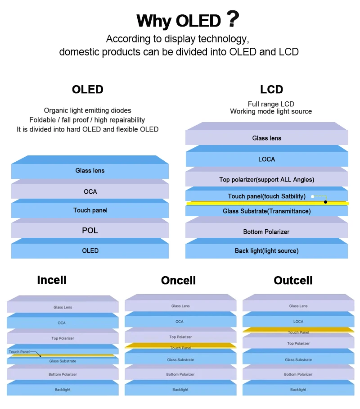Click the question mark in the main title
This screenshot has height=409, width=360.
[232, 19]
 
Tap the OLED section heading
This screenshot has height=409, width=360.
[88, 90]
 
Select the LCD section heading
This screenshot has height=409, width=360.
[271, 89]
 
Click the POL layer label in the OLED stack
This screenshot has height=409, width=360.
[90, 231]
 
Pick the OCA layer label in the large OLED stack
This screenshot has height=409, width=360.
[90, 191]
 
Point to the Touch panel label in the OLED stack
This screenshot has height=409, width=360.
[90, 210]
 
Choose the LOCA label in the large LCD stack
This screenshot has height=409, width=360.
[266, 159]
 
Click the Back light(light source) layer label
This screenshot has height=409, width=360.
[266, 250]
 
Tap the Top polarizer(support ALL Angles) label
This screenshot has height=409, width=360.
[266, 179]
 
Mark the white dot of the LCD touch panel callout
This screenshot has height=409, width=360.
[312, 196]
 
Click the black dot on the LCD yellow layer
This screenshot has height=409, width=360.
[326, 202]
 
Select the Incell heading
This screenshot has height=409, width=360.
[52, 280]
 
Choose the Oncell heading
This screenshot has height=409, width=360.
[178, 281]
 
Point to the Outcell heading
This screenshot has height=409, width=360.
[293, 281]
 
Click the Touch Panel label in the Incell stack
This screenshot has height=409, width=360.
[18, 352]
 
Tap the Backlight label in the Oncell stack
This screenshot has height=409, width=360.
[180, 390]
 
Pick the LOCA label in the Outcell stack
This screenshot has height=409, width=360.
[298, 322]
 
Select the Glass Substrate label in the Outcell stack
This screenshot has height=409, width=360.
[298, 360]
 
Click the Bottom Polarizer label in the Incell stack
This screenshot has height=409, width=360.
[63, 374]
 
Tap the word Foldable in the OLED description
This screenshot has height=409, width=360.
[42, 120]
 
